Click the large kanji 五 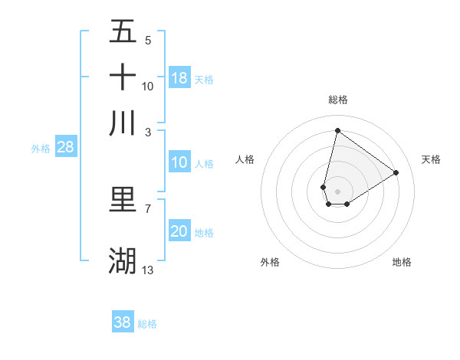point(123,31)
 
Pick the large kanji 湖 point(123,260)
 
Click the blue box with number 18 point(179,78)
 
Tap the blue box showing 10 point(179,162)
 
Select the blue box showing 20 point(179,232)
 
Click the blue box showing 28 point(65,148)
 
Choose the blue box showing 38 point(123,322)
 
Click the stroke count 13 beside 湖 point(148,270)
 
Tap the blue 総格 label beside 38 point(147,324)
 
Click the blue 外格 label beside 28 point(40,149)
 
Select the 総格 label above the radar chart point(337,100)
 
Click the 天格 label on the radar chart point(431,159)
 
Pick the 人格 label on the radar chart point(245,159)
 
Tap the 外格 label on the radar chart point(270,262)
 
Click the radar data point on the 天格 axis point(396,172)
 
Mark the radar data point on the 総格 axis point(337,130)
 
